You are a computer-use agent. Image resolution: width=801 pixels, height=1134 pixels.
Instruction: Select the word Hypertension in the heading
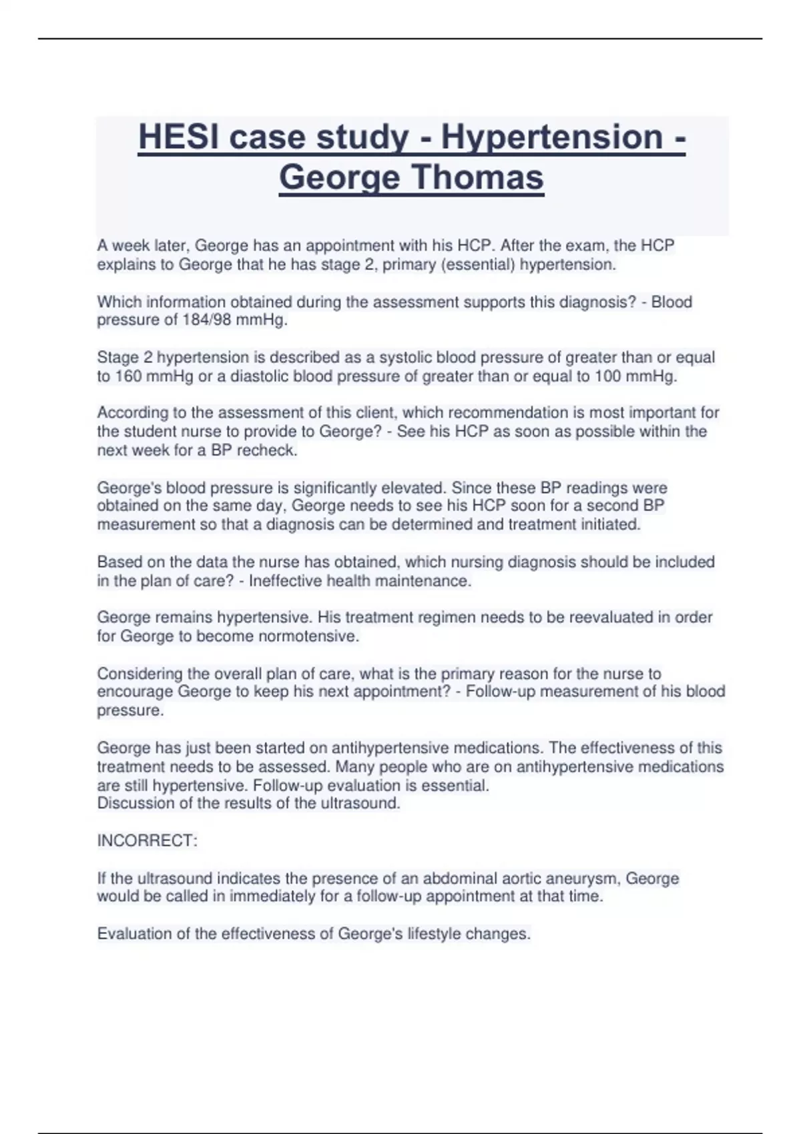pyautogui.click(x=552, y=137)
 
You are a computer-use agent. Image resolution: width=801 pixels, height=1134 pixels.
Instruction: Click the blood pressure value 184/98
pyautogui.click(x=206, y=320)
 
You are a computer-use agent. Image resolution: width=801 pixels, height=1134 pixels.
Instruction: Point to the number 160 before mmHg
pyautogui.click(x=127, y=376)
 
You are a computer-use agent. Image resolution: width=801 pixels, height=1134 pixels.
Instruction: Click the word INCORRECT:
pyautogui.click(x=147, y=840)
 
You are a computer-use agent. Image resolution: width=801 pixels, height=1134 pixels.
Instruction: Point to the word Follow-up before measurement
pyautogui.click(x=500, y=692)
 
